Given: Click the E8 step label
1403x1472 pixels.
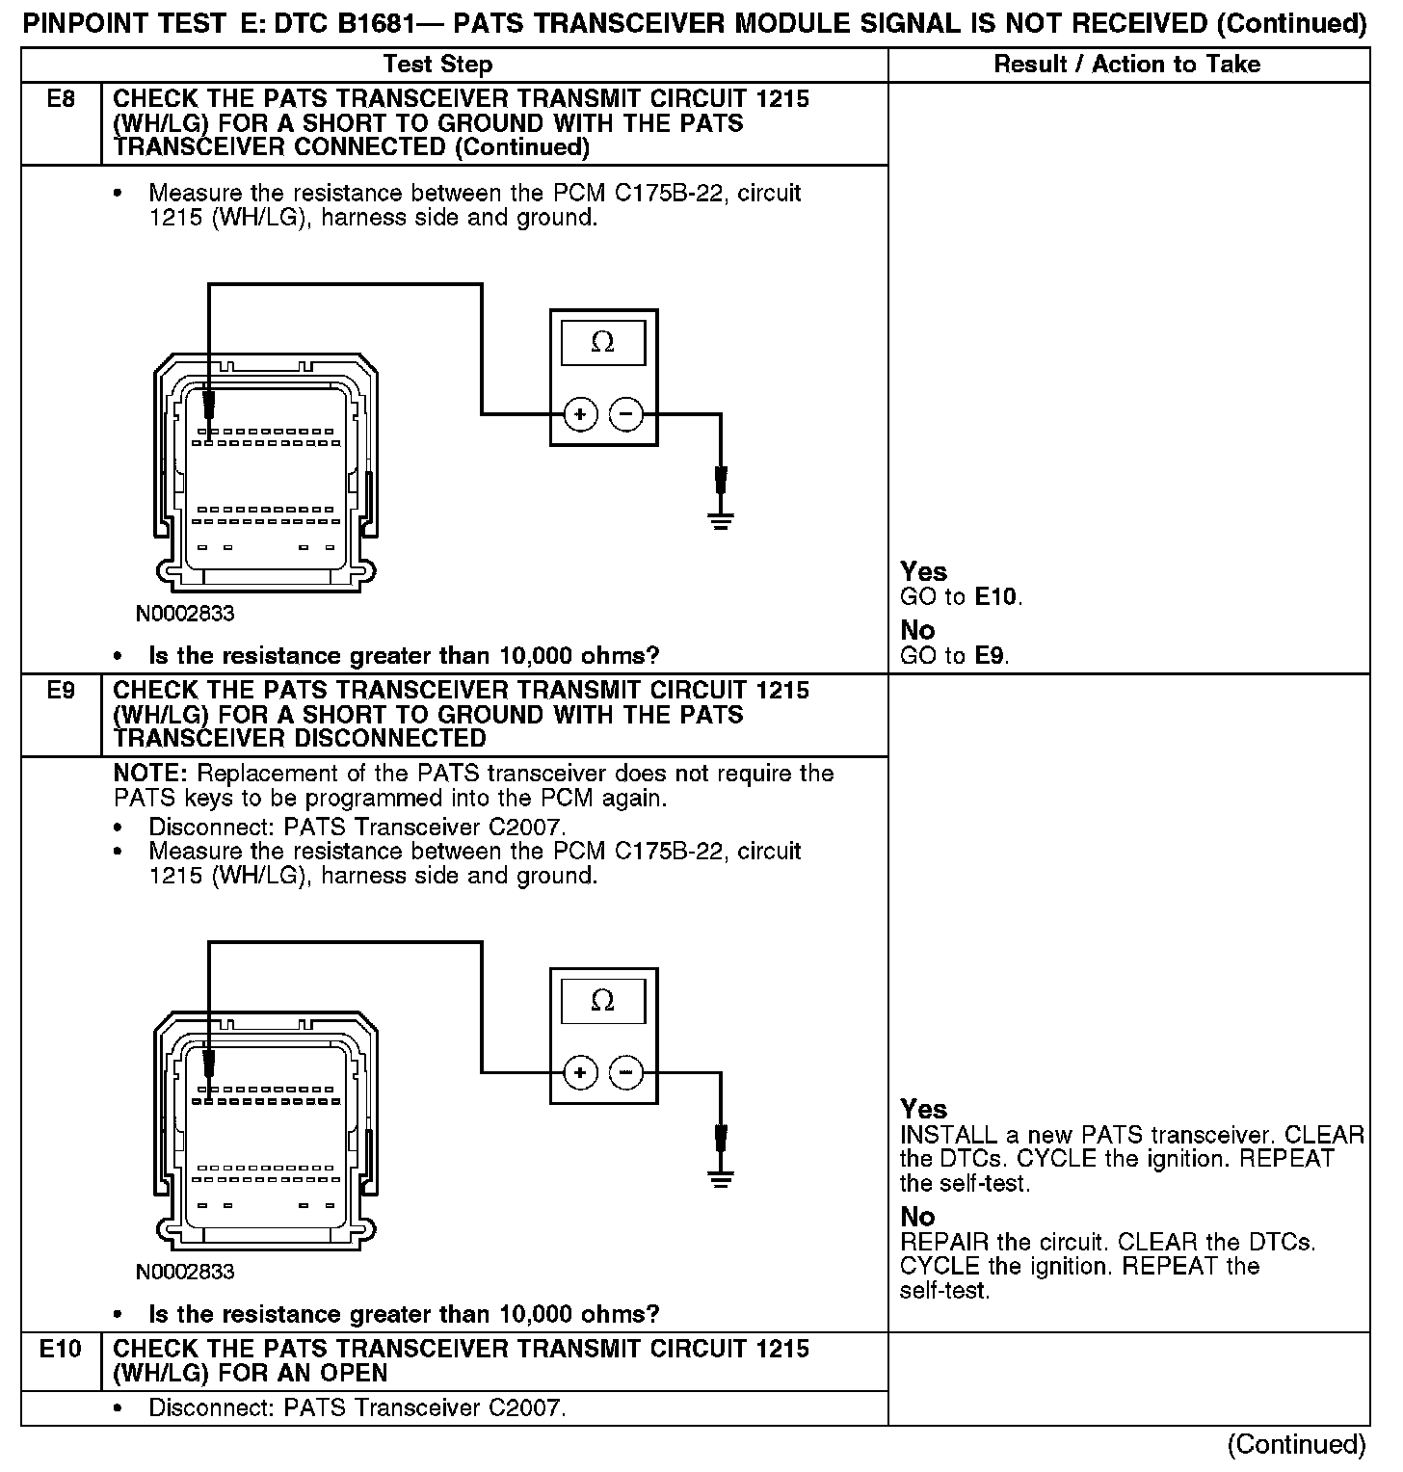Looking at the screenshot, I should click(x=61, y=99).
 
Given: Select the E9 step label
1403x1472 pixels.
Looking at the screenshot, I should click(x=61, y=691).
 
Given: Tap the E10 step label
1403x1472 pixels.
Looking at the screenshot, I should click(x=61, y=1349).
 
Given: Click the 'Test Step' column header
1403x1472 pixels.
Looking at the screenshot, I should click(x=437, y=65).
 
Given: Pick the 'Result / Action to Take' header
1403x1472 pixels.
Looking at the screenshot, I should click(x=1126, y=65).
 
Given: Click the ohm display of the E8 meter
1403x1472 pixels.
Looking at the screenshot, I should click(x=603, y=343).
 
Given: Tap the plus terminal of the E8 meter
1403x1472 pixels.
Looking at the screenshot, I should click(x=580, y=415).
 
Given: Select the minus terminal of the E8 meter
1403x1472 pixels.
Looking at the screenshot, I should click(x=626, y=415).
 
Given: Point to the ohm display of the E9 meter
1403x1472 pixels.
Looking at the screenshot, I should click(x=603, y=1002).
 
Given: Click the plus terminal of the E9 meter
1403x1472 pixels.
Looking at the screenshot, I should click(x=580, y=1072).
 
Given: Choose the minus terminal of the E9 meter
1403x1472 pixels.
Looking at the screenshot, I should click(x=626, y=1072).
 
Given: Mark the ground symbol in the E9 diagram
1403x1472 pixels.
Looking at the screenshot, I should click(x=720, y=1180).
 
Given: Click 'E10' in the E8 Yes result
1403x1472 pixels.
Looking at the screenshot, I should click(x=996, y=597).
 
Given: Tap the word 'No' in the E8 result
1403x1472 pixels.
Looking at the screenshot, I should click(x=917, y=630).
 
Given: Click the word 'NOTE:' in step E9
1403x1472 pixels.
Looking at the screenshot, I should click(x=152, y=775).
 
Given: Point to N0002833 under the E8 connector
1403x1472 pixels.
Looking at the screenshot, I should click(x=185, y=614).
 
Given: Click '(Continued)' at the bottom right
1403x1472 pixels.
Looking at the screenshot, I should click(x=1296, y=1444).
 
